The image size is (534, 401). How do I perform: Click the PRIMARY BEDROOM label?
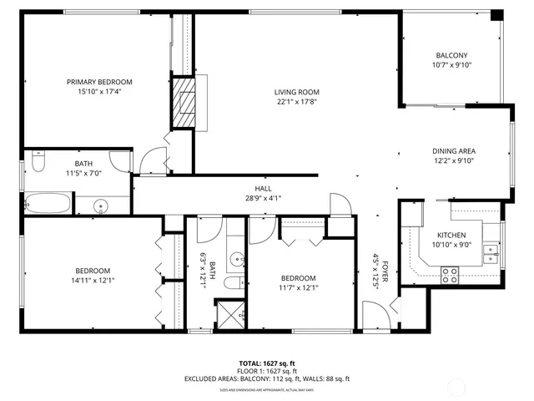pos(100,82)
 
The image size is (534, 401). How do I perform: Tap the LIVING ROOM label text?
pos(297,92)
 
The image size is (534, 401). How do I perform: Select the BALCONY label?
pos(450,55)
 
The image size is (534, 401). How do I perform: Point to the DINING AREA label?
pos(454,150)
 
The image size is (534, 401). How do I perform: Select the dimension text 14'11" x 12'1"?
pos(92,281)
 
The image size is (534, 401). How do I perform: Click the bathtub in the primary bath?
pos(47,202)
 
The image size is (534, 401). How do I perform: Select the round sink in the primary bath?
pos(102,205)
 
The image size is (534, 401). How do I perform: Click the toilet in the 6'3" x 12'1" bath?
pos(233,282)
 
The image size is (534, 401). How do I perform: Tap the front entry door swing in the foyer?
pos(375,317)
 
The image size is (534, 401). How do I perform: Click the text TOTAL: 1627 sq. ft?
pos(267,363)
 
